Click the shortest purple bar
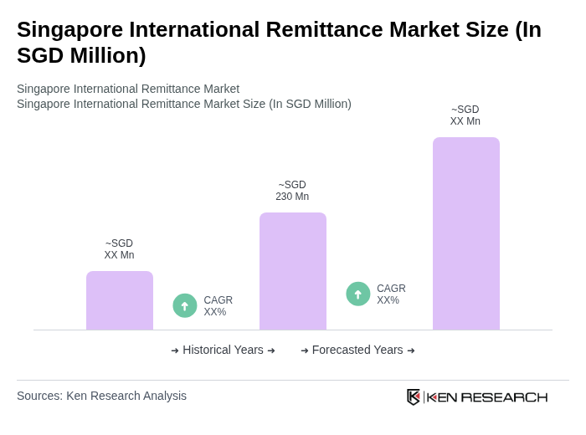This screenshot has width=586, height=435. pyautogui.click(x=120, y=300)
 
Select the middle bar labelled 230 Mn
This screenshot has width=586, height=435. pyautogui.click(x=292, y=271)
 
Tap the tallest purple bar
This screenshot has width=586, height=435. pyautogui.click(x=465, y=233)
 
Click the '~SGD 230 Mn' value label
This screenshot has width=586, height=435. pyautogui.click(x=292, y=191)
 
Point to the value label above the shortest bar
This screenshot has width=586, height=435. pyautogui.click(x=119, y=249)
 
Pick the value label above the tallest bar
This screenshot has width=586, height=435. pyautogui.click(x=465, y=115)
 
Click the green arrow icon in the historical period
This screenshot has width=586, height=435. pyautogui.click(x=185, y=306)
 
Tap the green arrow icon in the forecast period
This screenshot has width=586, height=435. pyautogui.click(x=358, y=294)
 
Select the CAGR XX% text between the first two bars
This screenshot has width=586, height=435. pyautogui.click(x=218, y=306)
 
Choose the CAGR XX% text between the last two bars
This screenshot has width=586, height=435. pyautogui.click(x=391, y=294)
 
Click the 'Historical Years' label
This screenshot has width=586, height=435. pyautogui.click(x=223, y=350)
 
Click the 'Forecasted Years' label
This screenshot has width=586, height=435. pyautogui.click(x=357, y=350)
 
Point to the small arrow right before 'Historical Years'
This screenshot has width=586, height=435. pyautogui.click(x=175, y=351)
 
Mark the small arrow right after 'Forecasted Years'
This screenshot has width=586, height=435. pyautogui.click(x=411, y=351)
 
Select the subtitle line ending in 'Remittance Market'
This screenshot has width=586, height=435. pyautogui.click(x=128, y=89)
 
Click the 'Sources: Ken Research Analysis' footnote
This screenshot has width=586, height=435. pyautogui.click(x=101, y=396)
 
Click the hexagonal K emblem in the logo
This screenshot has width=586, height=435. pyautogui.click(x=414, y=397)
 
